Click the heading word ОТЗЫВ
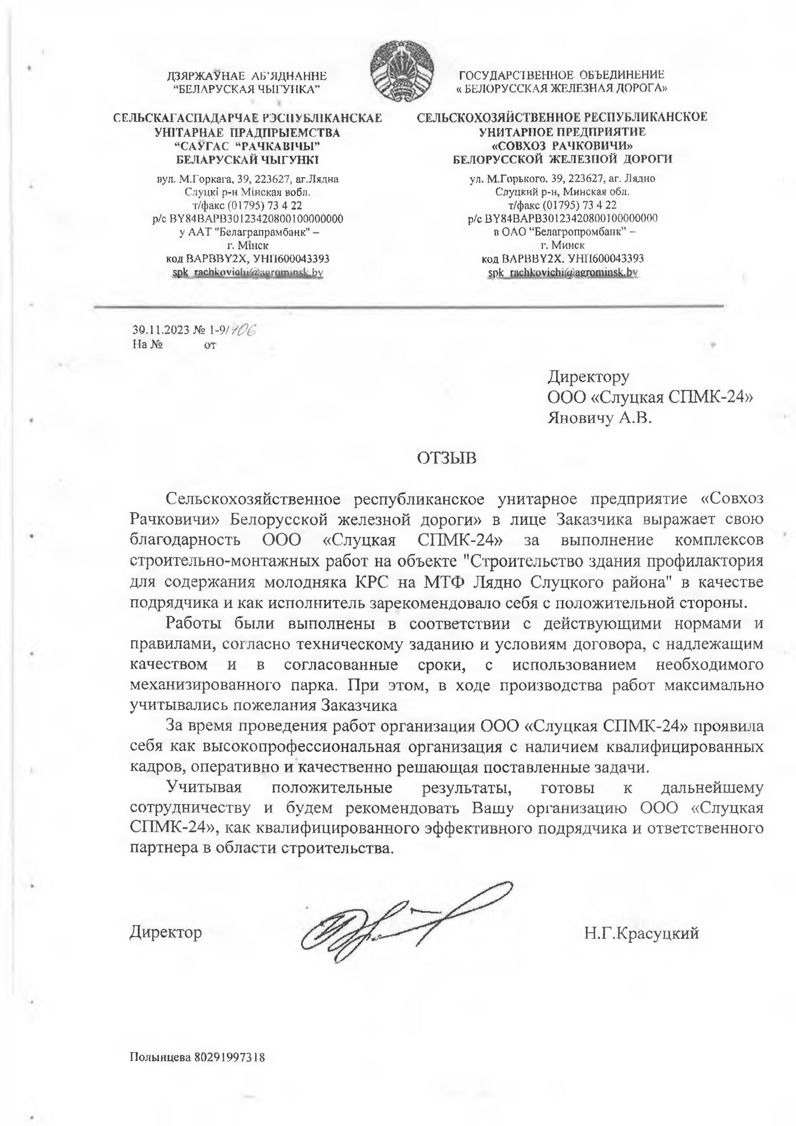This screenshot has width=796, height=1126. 446,459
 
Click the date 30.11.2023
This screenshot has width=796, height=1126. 161,330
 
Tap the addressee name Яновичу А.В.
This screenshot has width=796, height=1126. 600,418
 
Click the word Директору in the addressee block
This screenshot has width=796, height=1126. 588,377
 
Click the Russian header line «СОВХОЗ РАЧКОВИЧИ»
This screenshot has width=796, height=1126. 562,146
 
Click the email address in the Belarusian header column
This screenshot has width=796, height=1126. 247,272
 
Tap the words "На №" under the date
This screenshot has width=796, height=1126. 147,344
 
